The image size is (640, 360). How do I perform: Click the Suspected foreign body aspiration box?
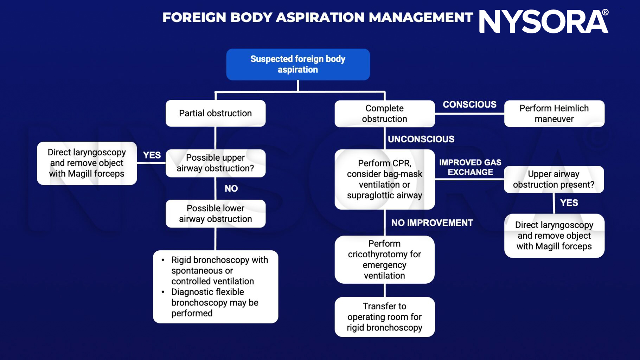pos(298,64)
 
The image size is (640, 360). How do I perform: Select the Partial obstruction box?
pos(215,113)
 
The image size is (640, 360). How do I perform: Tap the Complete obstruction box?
pos(384,114)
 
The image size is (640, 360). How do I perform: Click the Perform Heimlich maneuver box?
pos(554,114)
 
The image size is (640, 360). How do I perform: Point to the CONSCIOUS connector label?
pos(469,104)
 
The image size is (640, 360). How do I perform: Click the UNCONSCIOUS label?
pos(421,139)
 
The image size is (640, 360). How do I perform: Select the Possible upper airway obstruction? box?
pos(215,163)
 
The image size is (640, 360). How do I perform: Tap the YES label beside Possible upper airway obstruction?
pos(152,155)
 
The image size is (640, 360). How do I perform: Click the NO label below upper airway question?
pos(231,188)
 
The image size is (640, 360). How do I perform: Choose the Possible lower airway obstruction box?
pos(215,213)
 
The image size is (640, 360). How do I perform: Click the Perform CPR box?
pos(384,179)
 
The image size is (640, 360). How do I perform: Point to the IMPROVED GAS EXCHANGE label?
pos(470,167)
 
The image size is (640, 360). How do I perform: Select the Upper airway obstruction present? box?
pos(553,179)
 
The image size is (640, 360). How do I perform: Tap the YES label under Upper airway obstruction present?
pos(569,203)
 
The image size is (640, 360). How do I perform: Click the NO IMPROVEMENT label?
pos(432,223)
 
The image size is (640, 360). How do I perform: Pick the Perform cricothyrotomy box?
pos(384,259)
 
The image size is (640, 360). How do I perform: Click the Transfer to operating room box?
pos(384,317)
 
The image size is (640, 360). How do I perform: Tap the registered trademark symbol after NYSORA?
pos(605,12)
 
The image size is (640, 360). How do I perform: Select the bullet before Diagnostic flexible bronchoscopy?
pos(163,292)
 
